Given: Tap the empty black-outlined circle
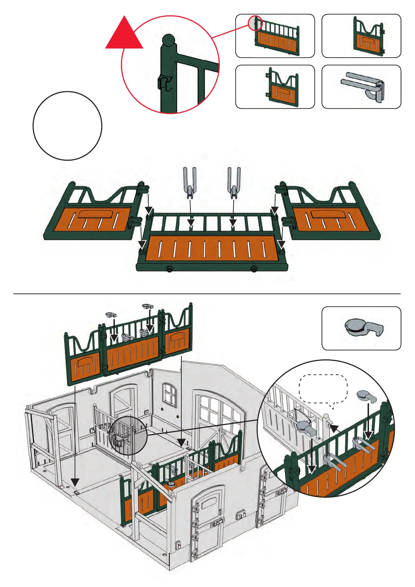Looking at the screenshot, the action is pos(67,126).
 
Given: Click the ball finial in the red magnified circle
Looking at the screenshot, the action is pos(169,40).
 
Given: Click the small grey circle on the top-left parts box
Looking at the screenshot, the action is pos(255,23).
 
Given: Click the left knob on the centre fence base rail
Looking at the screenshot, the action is pos(169,269).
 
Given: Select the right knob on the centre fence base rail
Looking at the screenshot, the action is pos(254,269).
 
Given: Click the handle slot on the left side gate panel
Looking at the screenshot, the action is pos(97,214).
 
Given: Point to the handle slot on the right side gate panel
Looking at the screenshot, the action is pos(329,214).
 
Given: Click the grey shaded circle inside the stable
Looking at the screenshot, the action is pos(128,435).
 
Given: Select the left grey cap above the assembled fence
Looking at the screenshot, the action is pos(111,314).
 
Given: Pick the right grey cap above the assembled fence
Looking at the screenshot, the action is pos(147,306).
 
